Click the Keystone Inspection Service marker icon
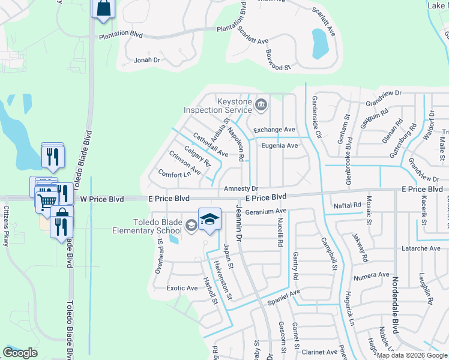[261, 106]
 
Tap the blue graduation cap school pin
[209, 220]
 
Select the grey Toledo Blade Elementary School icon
[191, 226]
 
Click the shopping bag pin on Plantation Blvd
[103, 8]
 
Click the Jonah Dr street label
[147, 60]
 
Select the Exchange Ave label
[274, 130]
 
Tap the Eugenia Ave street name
[279, 145]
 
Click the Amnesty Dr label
[240, 188]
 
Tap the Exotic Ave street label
[182, 288]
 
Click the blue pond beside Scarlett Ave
[319, 41]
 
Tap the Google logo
[20, 353]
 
